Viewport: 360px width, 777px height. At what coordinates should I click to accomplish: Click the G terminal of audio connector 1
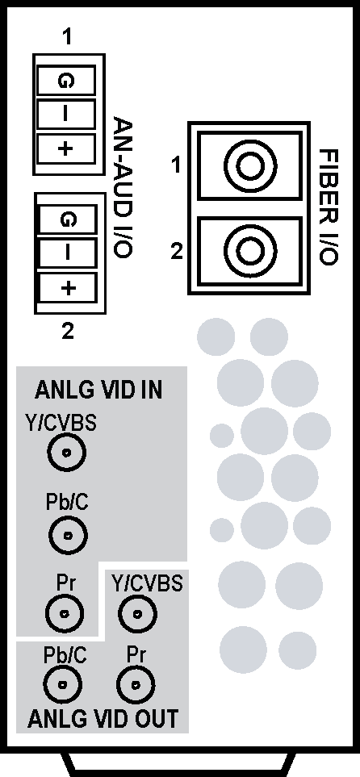(66, 80)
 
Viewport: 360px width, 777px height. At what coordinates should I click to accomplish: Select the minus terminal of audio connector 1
(66, 114)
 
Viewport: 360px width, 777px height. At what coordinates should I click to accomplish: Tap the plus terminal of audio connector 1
(66, 148)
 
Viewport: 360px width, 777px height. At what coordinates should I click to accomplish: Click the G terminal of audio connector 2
(67, 219)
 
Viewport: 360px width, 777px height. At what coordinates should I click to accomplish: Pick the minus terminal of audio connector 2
(67, 253)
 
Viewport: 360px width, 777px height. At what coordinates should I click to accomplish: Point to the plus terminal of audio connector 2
(67, 287)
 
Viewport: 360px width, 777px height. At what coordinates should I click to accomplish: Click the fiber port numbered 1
(250, 165)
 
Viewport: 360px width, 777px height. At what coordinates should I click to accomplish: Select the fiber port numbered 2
(250, 251)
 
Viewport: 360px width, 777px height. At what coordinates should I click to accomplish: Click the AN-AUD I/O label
(123, 187)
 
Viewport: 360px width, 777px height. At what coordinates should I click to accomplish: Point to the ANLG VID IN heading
(98, 391)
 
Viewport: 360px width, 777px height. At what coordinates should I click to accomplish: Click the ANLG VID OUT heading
(103, 719)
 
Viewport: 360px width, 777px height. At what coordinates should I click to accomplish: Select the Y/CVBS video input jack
(66, 452)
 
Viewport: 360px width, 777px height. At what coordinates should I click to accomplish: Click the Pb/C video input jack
(69, 535)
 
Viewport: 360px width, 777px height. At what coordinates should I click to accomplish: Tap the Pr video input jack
(65, 613)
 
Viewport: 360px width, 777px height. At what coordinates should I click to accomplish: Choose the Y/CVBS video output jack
(137, 614)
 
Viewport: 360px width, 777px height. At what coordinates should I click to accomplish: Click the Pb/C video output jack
(63, 685)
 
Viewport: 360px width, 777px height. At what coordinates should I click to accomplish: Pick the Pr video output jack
(135, 685)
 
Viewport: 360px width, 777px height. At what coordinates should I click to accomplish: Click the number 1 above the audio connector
(67, 37)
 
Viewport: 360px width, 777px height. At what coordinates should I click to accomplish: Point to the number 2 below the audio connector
(68, 331)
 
